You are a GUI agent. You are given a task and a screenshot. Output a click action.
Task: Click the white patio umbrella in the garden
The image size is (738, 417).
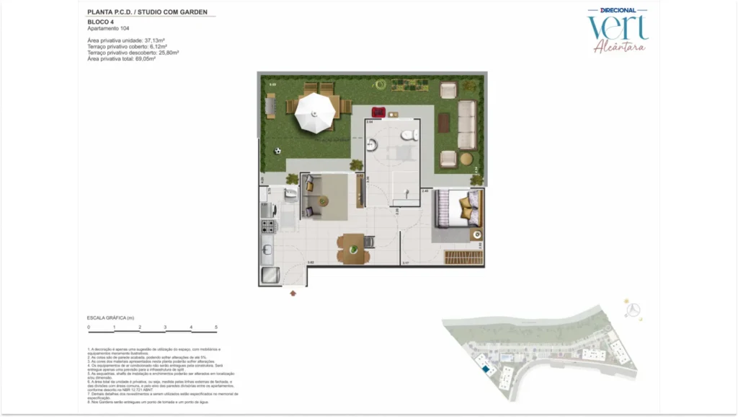[316, 109]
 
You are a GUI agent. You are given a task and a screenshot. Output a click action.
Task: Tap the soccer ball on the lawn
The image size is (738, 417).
[277, 152]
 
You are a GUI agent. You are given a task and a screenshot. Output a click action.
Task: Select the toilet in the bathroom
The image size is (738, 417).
[407, 134]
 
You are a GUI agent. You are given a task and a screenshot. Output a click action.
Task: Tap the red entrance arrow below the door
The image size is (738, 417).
[293, 293]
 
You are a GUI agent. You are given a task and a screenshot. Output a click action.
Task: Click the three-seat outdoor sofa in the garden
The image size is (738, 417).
[467, 125]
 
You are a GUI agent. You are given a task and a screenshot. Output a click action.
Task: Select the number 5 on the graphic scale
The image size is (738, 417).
[216, 328]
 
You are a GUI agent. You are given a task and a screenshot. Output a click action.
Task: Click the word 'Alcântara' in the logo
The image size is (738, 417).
[619, 47]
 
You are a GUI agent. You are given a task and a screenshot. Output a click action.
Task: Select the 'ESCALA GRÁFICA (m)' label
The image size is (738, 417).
[111, 317]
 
